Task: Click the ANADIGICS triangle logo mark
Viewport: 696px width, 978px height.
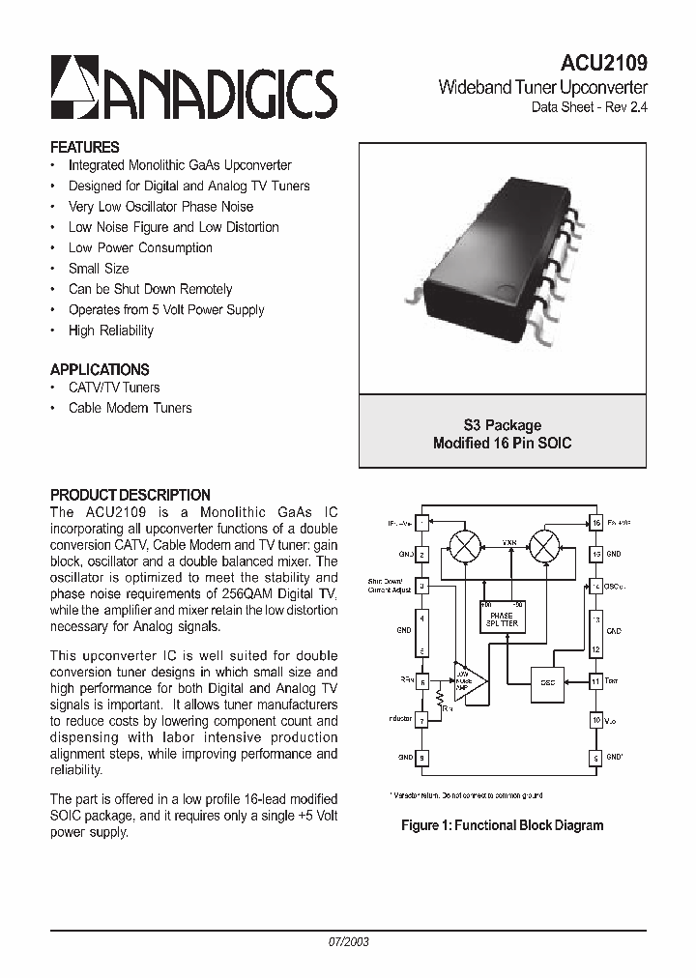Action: [x=71, y=85]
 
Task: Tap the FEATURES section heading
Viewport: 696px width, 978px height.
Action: [x=85, y=148]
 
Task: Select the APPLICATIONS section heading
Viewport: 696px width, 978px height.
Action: [x=100, y=369]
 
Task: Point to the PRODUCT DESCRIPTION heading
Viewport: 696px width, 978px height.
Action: [x=130, y=495]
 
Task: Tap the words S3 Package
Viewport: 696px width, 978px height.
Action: [x=502, y=425]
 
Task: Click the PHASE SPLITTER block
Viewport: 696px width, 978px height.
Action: [x=503, y=618]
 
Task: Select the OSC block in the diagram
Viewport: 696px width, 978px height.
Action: [x=546, y=681]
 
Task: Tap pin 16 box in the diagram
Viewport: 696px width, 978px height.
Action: [x=596, y=523]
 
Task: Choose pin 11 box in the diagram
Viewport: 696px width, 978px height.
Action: [x=596, y=681]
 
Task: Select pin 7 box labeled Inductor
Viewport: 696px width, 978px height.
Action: [x=421, y=720]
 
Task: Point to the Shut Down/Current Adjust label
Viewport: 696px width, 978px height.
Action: [x=390, y=586]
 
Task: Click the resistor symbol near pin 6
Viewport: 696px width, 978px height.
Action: [x=439, y=698]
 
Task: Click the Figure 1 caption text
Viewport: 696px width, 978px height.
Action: [x=503, y=825]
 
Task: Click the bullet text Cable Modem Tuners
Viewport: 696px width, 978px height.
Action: [x=130, y=408]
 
